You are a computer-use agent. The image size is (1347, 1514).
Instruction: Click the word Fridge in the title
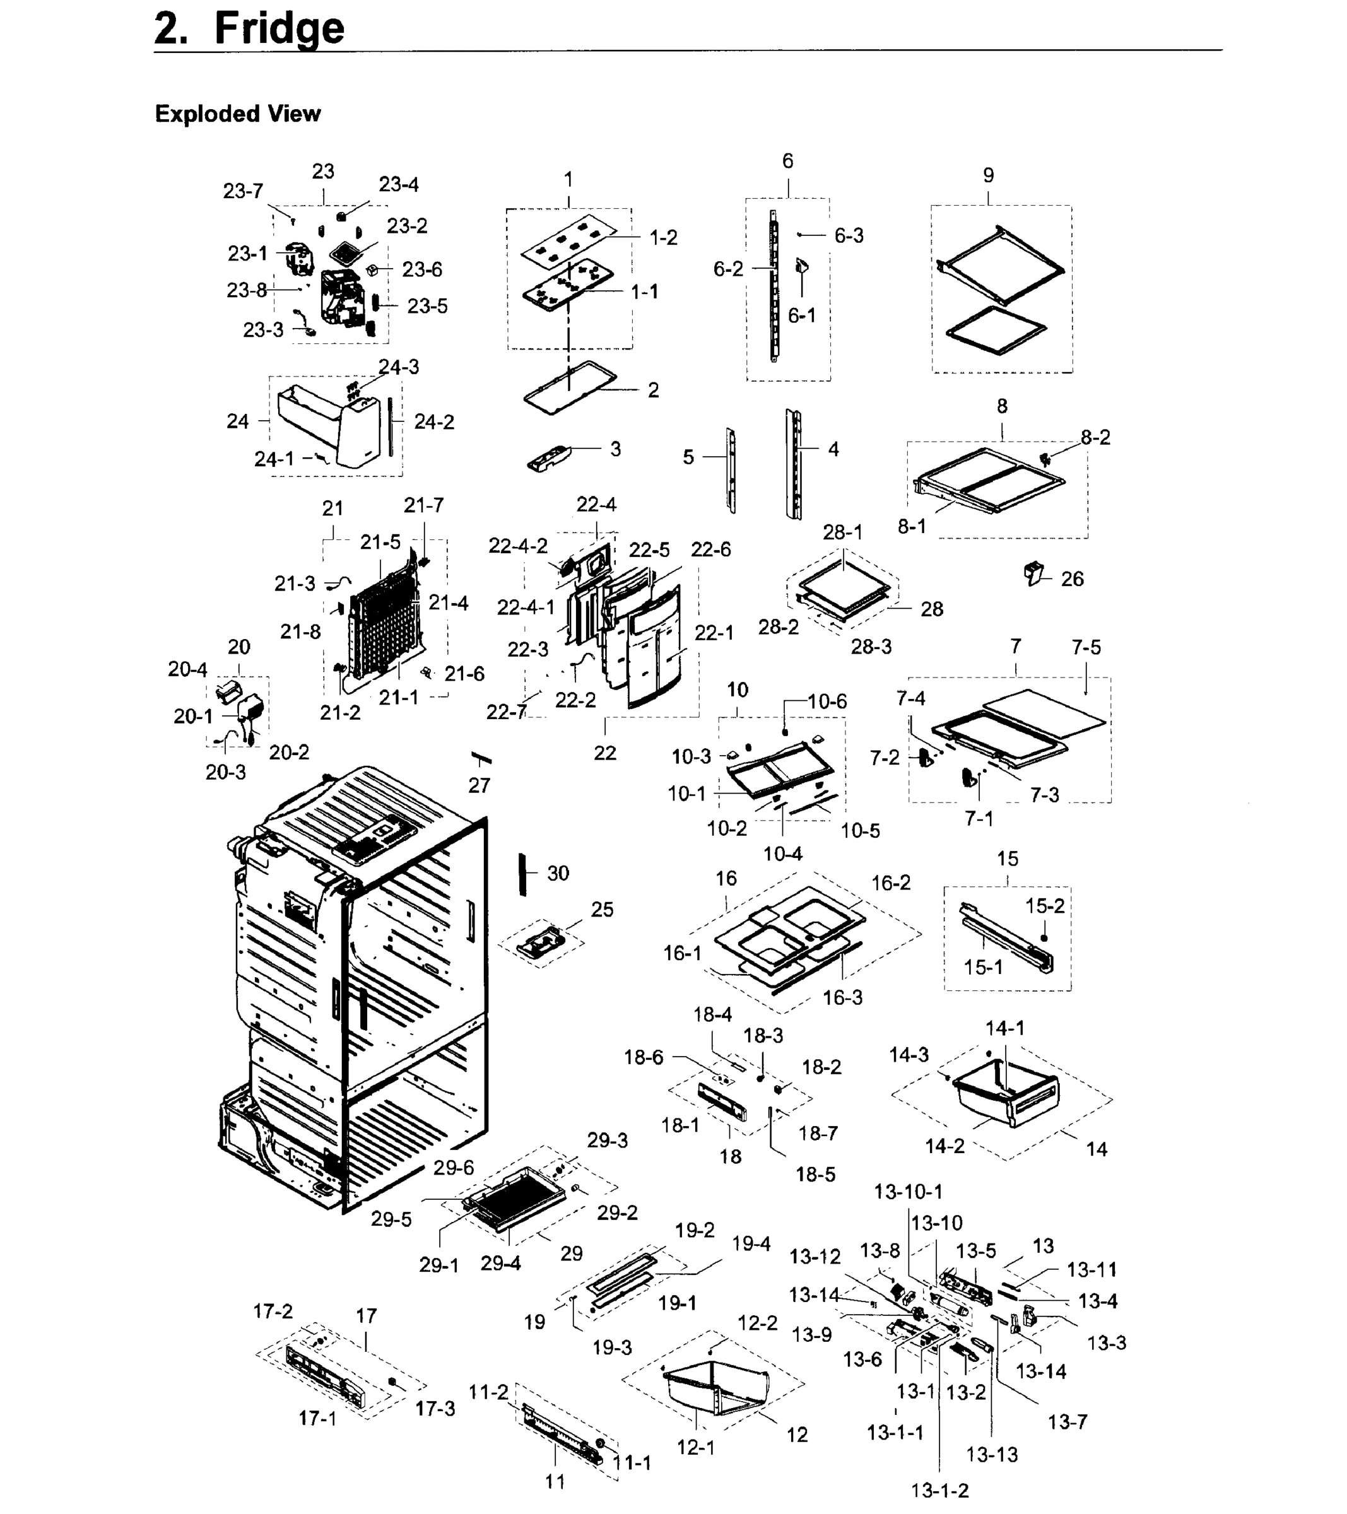coord(279,28)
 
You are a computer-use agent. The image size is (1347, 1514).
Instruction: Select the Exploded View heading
coord(237,114)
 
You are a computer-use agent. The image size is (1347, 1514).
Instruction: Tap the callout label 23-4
coord(399,184)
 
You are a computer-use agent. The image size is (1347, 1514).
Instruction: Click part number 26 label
coord(1072,578)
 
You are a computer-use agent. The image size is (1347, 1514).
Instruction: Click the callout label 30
coord(558,872)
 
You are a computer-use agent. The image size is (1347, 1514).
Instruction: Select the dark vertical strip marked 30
coord(522,874)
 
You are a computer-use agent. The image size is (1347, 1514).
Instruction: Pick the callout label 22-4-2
coord(518,545)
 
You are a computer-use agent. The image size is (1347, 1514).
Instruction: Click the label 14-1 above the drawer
coord(1004,1028)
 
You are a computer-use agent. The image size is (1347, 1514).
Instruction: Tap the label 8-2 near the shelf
coord(1095,437)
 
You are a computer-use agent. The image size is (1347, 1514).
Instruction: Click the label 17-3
coord(435,1408)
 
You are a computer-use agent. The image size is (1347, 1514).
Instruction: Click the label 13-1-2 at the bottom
coord(939,1490)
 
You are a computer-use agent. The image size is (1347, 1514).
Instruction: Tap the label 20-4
coord(187,669)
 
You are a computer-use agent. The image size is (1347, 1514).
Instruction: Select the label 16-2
coord(891,883)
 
